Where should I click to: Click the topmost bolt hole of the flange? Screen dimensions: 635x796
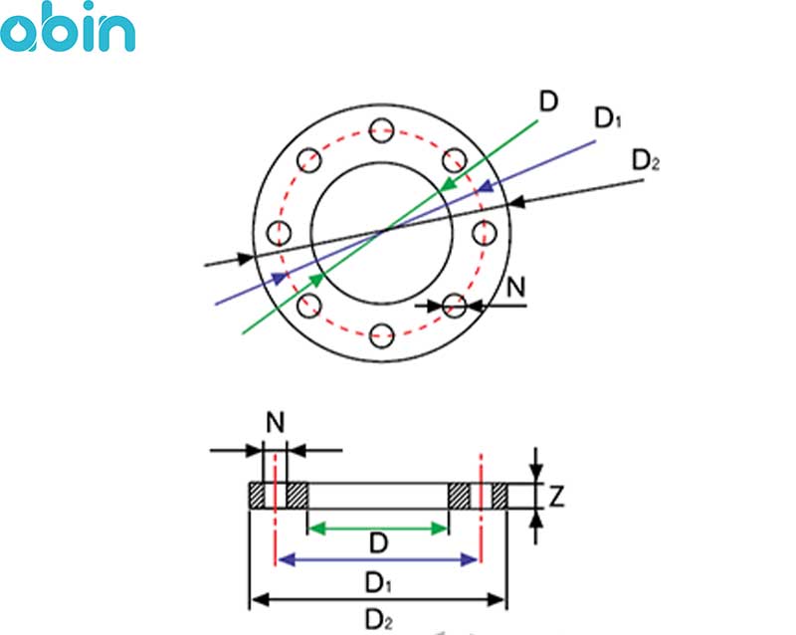point(379,127)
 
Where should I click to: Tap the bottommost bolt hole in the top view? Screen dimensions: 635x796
point(380,336)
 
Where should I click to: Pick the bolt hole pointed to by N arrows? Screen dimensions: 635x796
point(454,305)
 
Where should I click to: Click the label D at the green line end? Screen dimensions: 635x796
point(548,101)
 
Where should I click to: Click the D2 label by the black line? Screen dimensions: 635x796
point(645,159)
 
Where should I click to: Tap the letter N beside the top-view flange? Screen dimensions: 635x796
point(516,287)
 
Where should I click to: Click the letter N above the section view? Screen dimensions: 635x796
point(276,422)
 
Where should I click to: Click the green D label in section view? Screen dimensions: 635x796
point(378,543)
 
